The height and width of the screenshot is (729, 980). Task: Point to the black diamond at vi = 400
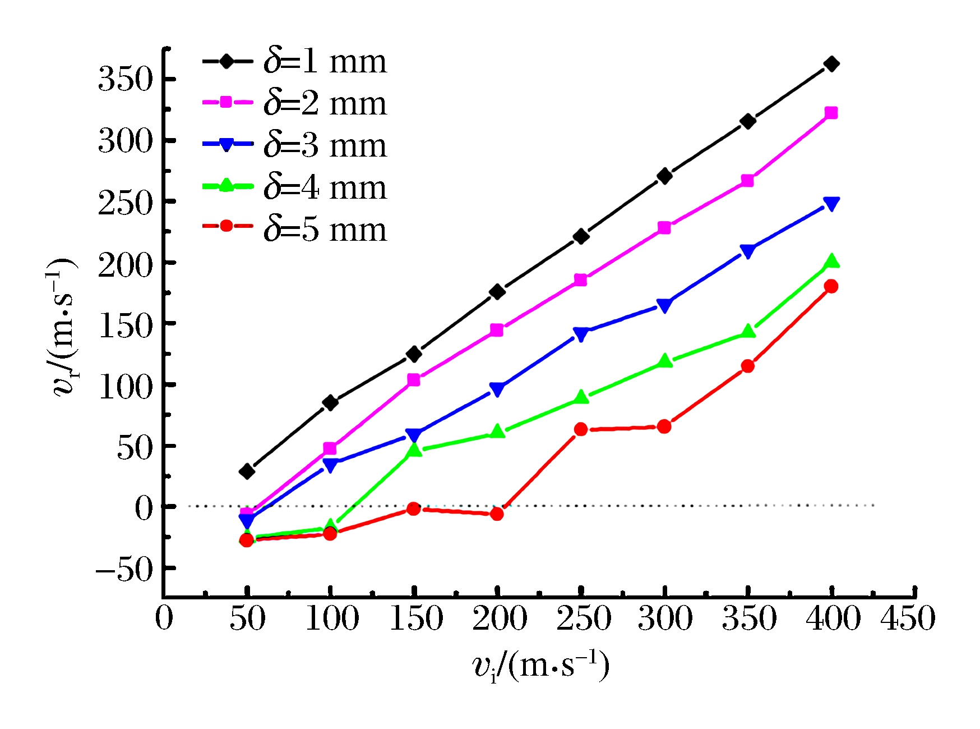(831, 64)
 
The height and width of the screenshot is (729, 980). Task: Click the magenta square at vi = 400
(831, 113)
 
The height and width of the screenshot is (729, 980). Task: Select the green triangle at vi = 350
(748, 331)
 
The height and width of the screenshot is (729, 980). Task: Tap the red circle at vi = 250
(581, 429)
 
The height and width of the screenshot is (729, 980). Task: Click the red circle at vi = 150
(414, 508)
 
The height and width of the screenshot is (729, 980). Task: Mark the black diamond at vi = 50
(247, 471)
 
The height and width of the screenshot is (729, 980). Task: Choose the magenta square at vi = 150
(414, 380)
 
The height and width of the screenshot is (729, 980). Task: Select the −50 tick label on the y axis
(124, 571)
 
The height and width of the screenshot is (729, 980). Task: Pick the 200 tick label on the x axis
(499, 619)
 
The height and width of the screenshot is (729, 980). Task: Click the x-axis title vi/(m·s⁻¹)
(540, 666)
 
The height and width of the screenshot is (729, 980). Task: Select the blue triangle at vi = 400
(831, 204)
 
